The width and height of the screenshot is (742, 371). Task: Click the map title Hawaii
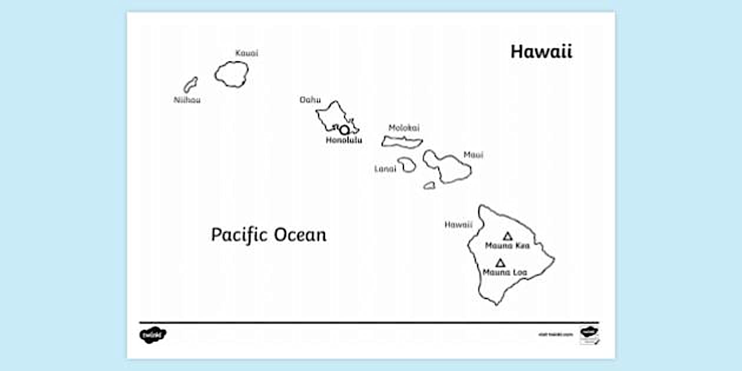[541, 52]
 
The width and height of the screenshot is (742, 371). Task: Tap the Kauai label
[246, 53]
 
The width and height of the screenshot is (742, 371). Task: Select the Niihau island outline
[190, 85]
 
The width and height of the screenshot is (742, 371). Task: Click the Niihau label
[187, 100]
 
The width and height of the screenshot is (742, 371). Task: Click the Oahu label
[310, 100]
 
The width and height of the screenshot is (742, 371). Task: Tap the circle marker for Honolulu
[344, 130]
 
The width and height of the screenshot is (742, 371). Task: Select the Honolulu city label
[344, 141]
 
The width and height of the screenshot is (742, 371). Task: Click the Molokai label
[404, 128]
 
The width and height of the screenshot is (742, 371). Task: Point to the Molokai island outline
[402, 141]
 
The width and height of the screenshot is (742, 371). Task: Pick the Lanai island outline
[406, 165]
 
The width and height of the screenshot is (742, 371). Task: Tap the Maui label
[473, 155]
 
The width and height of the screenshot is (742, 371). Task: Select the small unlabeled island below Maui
[429, 185]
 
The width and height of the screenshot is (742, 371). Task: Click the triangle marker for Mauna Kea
[508, 236]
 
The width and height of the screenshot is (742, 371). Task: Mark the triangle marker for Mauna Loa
[501, 263]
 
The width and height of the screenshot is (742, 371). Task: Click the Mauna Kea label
[507, 246]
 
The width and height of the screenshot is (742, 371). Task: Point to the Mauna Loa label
[505, 273]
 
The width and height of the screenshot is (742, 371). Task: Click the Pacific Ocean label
[269, 235]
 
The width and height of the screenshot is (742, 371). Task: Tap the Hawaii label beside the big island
[458, 224]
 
